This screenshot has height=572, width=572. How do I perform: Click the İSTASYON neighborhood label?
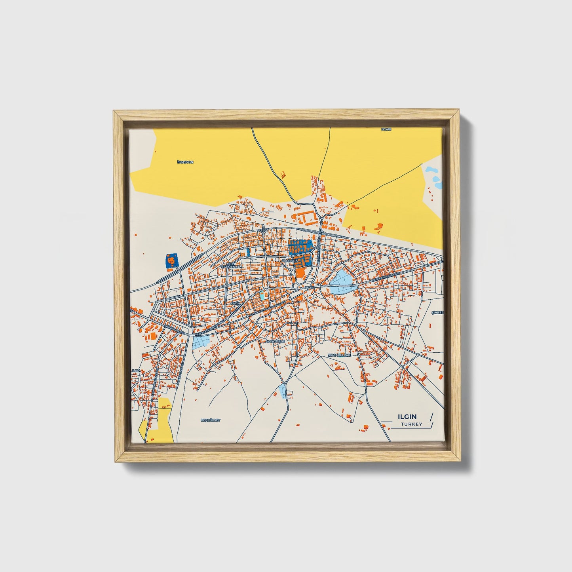click(185, 162)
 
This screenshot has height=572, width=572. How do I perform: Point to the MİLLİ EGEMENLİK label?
click(231, 265)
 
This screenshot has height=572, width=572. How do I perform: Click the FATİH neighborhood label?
click(236, 303)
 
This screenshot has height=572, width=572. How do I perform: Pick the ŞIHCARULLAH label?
click(340, 355)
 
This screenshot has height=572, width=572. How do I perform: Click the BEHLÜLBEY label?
click(210, 420)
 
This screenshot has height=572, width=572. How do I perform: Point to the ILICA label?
click(136, 371)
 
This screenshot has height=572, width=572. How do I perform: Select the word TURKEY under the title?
click(411, 424)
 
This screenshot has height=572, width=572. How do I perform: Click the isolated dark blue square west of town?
click(172, 261)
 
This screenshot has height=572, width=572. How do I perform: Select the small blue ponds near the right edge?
click(433, 177)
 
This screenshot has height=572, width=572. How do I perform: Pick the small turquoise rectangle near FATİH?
click(262, 296)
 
